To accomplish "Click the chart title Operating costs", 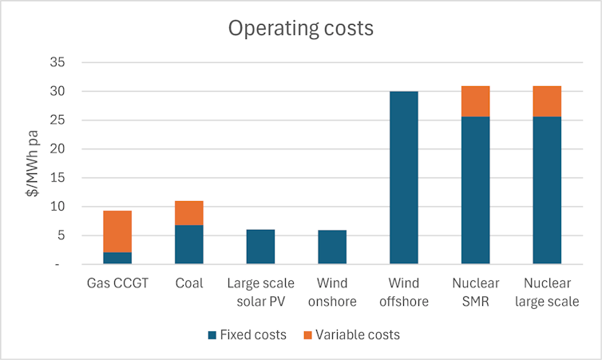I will pyautogui.click(x=300, y=28).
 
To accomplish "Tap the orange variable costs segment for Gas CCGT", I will pyautogui.click(x=117, y=231).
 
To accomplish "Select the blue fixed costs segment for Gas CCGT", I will pyautogui.click(x=117, y=258).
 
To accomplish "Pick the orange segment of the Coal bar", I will pyautogui.click(x=189, y=213).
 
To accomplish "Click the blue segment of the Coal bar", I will pyautogui.click(x=189, y=244).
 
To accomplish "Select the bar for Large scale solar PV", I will pyautogui.click(x=260, y=247).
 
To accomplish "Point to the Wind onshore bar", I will pyautogui.click(x=332, y=247).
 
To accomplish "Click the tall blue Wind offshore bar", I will pyautogui.click(x=404, y=177).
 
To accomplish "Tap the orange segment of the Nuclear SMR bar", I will pyautogui.click(x=475, y=101).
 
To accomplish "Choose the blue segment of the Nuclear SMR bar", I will pyautogui.click(x=475, y=190).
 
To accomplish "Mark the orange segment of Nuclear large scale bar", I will pyautogui.click(x=547, y=101).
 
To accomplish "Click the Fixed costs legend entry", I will pyautogui.click(x=247, y=335).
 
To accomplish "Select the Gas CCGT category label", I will pyautogui.click(x=117, y=283).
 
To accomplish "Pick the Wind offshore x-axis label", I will pyautogui.click(x=404, y=292).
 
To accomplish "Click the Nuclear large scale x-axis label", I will pyautogui.click(x=547, y=292).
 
